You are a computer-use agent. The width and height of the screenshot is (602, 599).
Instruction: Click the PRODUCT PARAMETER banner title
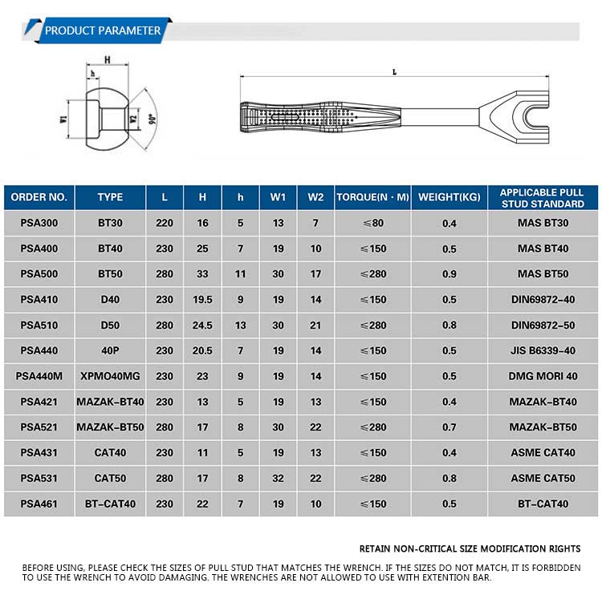pos(103,31)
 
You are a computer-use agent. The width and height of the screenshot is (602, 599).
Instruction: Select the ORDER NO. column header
pos(39,197)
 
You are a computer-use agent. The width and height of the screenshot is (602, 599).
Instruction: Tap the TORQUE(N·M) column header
pos(372,197)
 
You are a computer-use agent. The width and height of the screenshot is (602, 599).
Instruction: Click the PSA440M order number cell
pos(39,376)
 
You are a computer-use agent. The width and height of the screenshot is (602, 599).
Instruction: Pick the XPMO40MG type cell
pos(110,376)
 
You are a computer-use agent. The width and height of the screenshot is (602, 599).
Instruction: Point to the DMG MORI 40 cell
pos(543,376)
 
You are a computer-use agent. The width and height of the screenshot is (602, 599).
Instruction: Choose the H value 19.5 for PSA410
pos(202,300)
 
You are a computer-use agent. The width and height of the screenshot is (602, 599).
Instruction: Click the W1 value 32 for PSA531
pos(278,479)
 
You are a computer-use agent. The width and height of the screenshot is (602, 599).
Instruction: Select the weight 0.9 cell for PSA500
pos(449,274)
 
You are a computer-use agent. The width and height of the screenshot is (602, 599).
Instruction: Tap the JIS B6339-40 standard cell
pos(543,350)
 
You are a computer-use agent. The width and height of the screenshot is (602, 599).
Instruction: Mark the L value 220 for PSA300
pos(165,223)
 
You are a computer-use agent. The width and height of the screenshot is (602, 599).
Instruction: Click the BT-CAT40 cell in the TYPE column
pos(110,504)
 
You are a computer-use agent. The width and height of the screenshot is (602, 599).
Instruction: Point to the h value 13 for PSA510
pos(240,326)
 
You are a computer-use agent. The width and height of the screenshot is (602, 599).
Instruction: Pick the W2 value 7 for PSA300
pos(315,223)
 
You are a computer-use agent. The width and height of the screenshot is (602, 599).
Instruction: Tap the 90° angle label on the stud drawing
pos(150,119)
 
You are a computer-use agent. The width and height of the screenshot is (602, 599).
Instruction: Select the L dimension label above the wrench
pos(393,71)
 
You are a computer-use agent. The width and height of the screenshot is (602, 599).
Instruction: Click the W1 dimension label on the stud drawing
pos(63,119)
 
